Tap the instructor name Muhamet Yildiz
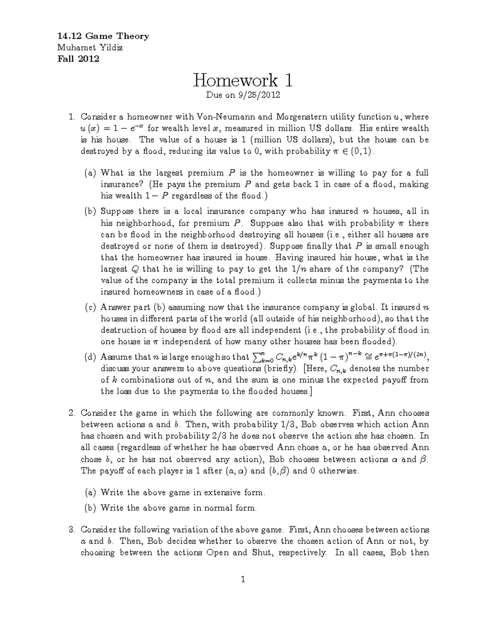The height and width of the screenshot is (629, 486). click(x=90, y=47)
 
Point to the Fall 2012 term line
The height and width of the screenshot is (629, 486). click(x=78, y=59)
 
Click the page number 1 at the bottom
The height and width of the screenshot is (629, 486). click(x=243, y=580)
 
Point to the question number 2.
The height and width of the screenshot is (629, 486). click(x=72, y=413)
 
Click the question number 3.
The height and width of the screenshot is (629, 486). click(x=72, y=530)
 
